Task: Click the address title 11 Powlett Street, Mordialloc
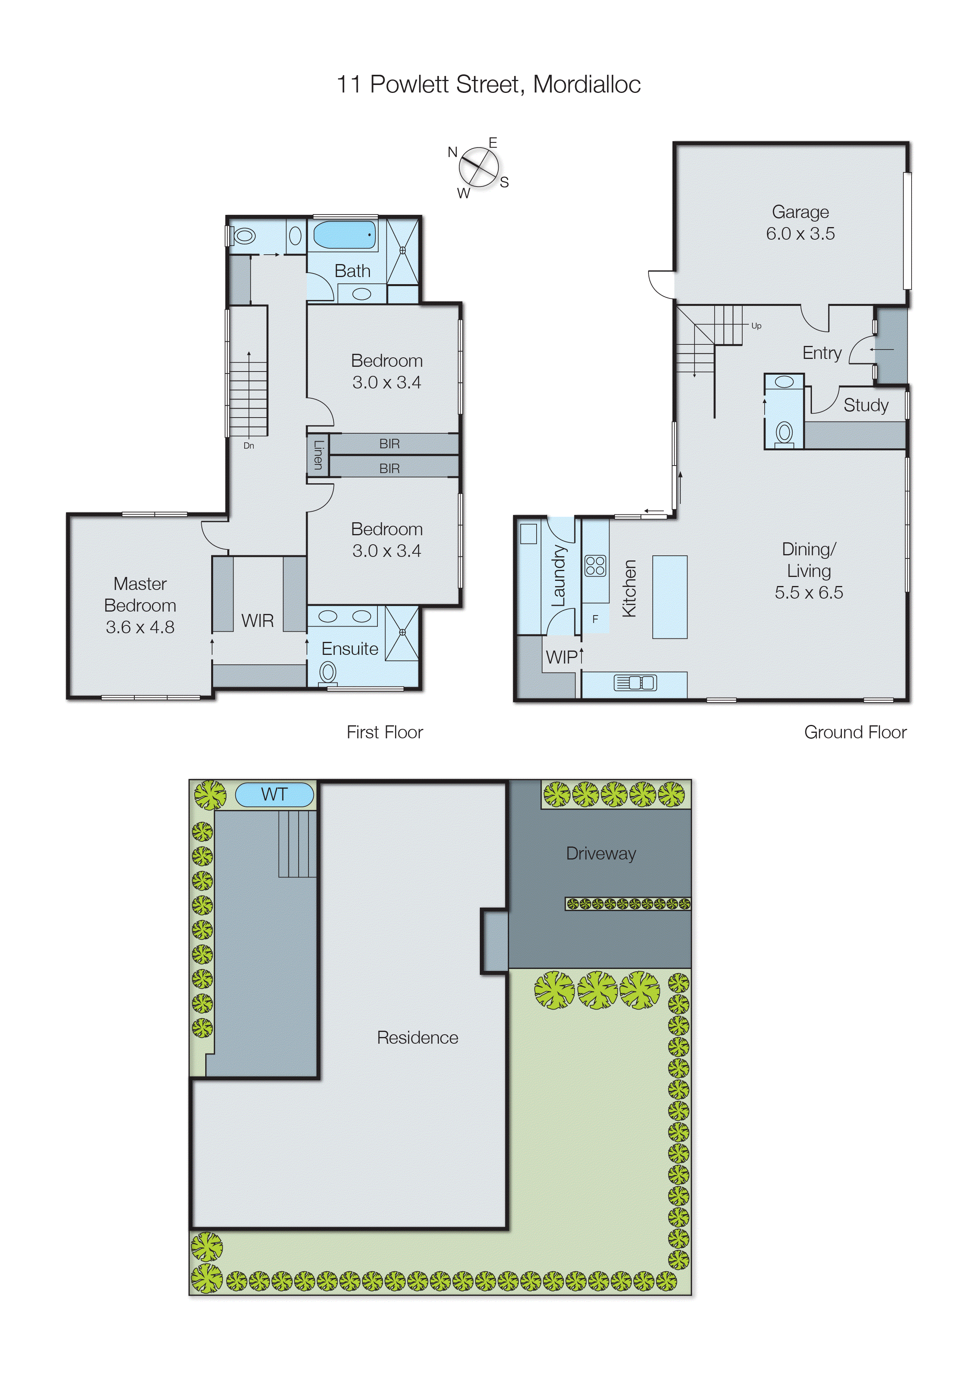click(488, 84)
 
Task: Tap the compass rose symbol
click(479, 166)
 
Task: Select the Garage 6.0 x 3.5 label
click(800, 222)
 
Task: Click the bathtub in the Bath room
click(344, 235)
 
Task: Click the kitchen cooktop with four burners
click(595, 566)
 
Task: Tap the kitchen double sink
click(635, 683)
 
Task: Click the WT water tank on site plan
click(275, 795)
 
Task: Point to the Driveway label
click(601, 854)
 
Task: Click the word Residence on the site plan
click(417, 1037)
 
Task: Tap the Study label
click(866, 405)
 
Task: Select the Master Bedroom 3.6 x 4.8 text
click(140, 605)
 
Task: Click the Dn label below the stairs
click(249, 446)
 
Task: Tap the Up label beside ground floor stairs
click(756, 325)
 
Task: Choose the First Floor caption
click(384, 732)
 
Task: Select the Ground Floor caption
click(855, 732)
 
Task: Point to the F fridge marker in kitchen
click(595, 619)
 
